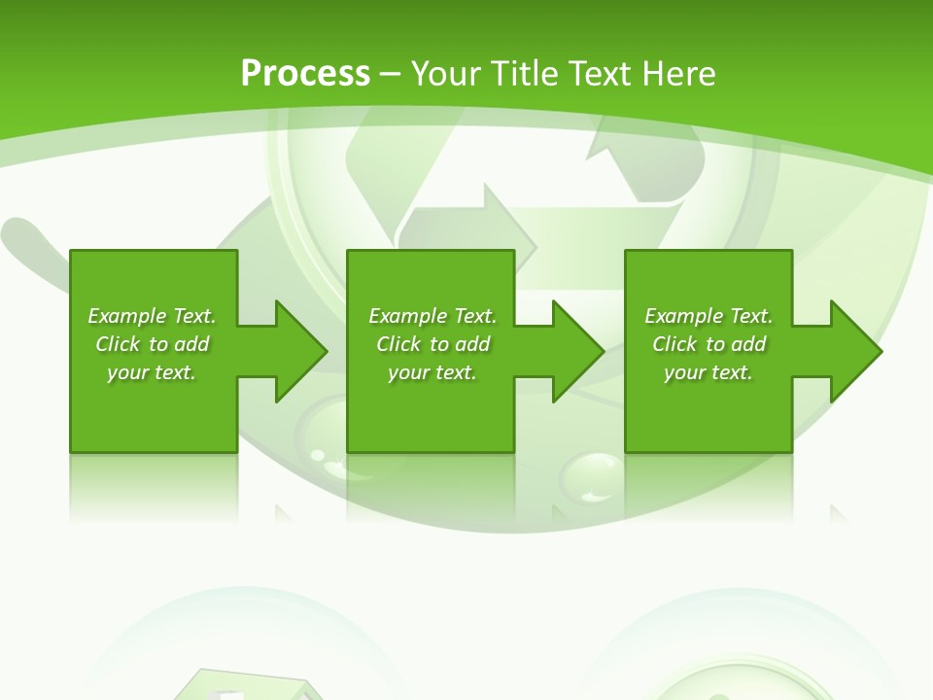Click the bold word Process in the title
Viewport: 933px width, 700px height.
[x=305, y=74]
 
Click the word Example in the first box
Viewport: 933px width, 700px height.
[x=127, y=316]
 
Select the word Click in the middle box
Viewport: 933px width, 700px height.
[x=398, y=344]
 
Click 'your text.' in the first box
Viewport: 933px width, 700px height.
[x=152, y=372]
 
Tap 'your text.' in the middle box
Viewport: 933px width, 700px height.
[x=432, y=372]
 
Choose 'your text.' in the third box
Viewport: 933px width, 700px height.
[x=708, y=372]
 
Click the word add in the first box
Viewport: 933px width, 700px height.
[x=191, y=344]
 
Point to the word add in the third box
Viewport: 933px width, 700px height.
[x=748, y=344]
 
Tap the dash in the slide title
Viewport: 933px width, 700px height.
[x=391, y=74]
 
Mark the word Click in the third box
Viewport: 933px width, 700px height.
[x=674, y=344]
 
